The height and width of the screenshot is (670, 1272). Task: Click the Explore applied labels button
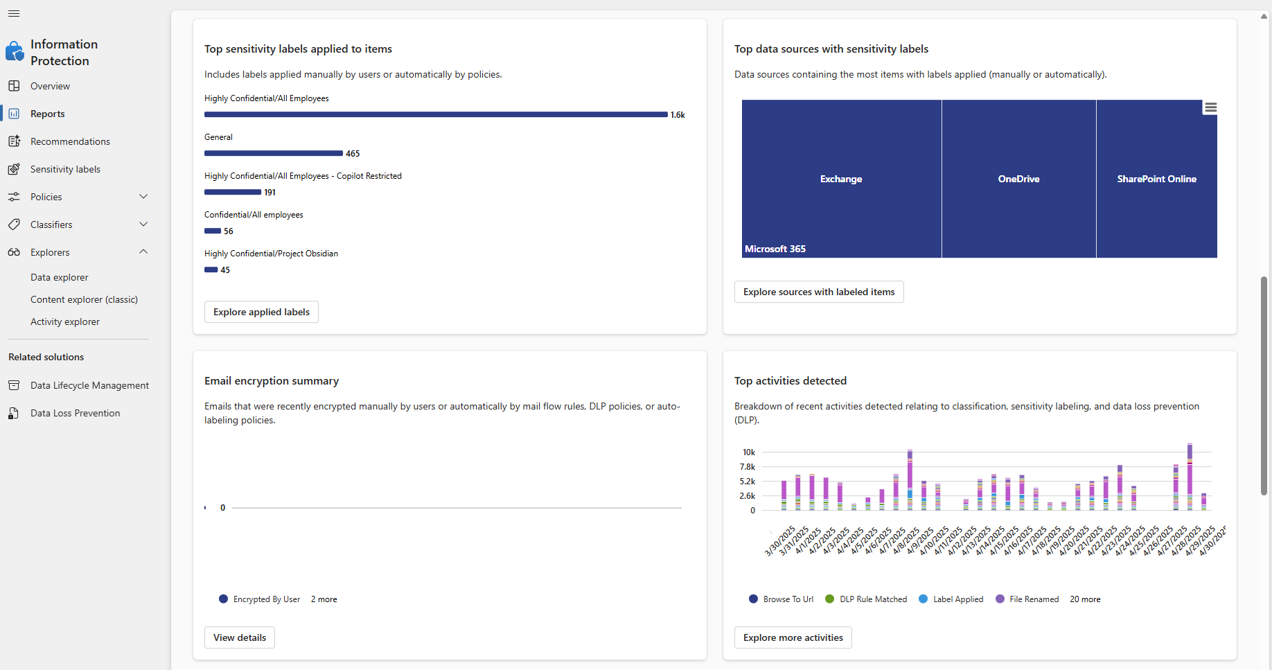(261, 312)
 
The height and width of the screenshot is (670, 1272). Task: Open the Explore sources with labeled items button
(818, 292)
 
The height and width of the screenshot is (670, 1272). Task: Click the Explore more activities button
(793, 637)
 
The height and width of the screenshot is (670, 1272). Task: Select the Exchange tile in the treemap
(841, 179)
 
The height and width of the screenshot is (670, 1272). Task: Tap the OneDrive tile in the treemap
(1018, 179)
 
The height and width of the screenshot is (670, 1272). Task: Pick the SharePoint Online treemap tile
(1156, 179)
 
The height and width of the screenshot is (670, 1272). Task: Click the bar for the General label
(273, 153)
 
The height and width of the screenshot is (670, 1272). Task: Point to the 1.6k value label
(678, 115)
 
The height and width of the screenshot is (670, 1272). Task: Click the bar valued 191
(232, 192)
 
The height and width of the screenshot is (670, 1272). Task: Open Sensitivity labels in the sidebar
(65, 169)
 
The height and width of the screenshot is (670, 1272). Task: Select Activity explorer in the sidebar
(65, 321)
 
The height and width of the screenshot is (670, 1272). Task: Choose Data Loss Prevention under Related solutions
(75, 413)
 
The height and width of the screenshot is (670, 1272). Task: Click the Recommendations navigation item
(70, 141)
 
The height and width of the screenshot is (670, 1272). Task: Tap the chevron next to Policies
(143, 197)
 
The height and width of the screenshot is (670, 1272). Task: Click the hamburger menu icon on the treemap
(1210, 107)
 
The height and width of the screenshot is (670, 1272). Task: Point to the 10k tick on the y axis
(748, 452)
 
